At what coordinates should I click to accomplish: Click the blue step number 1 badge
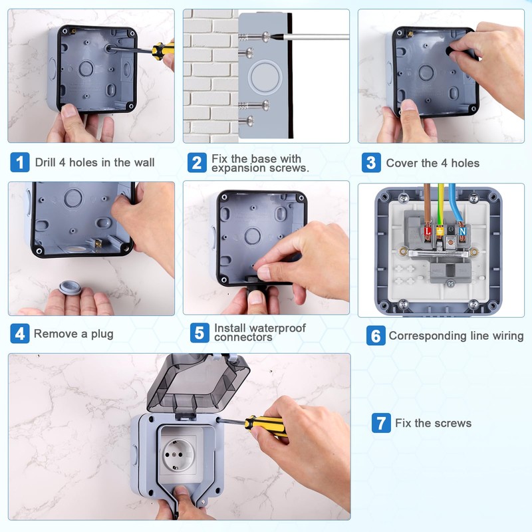pos(20,162)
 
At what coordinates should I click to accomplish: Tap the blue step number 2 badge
pos(197,162)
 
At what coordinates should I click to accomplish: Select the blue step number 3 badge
pos(371,162)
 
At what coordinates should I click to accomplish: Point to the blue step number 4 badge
pos(20,334)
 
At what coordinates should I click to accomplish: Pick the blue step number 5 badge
pos(199,333)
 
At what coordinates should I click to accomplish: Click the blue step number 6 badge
pos(376,336)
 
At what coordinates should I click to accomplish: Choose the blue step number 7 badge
pos(381,423)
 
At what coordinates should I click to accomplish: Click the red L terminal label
pos(428,231)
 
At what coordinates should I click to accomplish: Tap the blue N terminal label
pos(462,231)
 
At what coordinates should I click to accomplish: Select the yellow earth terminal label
pos(440,231)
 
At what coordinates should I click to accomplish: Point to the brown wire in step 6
pos(427,204)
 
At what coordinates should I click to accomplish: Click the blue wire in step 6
pos(455,204)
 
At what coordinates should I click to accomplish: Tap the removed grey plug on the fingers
pos(70,288)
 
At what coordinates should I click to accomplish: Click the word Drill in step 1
pos(45,162)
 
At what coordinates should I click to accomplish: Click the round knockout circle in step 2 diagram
pos(265,77)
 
